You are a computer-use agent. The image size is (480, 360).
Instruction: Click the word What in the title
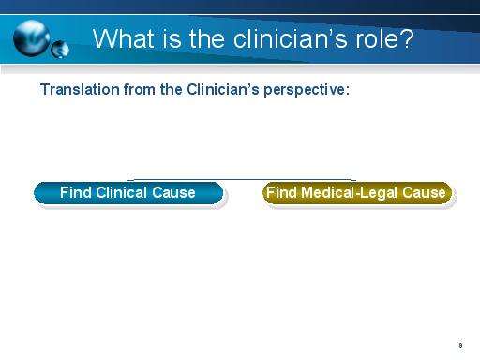[124, 38]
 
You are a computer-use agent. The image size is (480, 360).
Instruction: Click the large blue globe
[31, 37]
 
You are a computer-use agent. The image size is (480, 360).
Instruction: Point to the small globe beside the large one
[60, 50]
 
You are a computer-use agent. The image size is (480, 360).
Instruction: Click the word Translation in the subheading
[80, 89]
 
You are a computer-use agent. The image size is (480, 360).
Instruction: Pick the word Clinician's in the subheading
[223, 89]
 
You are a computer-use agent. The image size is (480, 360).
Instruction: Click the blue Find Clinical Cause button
[128, 193]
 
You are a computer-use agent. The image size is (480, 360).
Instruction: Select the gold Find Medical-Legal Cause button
[357, 193]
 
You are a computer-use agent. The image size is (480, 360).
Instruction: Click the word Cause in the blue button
[173, 192]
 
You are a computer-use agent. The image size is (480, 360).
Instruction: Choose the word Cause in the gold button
[424, 192]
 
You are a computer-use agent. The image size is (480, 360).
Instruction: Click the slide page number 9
[460, 345]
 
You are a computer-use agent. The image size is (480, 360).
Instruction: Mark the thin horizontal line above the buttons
[242, 180]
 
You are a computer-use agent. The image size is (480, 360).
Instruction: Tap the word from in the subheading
[140, 89]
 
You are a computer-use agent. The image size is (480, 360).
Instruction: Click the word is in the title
[172, 38]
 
